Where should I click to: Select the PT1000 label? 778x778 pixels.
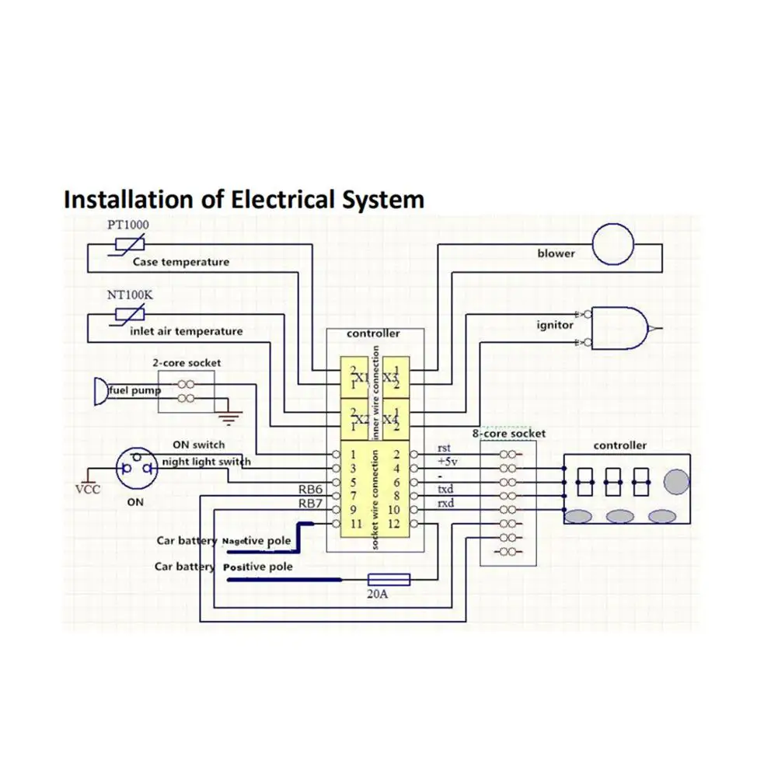tap(127, 225)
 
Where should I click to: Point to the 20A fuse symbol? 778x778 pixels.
tap(389, 580)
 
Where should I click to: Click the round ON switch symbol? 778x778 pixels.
tap(135, 469)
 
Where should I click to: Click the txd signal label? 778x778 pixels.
tap(445, 490)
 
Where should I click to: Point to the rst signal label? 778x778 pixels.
tap(445, 448)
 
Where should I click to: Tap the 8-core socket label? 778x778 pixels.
tap(509, 434)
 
